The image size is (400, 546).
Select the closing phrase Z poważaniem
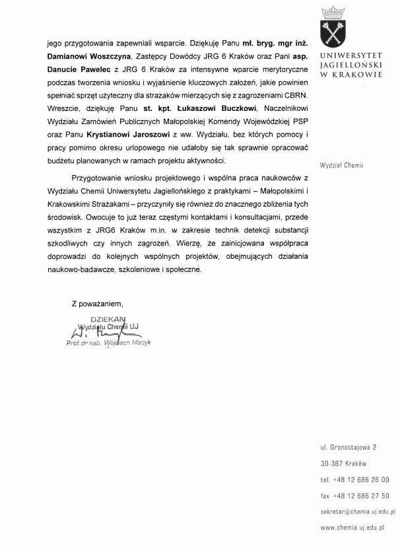point(98,303)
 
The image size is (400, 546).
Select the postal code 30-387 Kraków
point(343,463)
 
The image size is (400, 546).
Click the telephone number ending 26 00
point(354,479)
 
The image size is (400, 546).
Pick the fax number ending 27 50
point(354,495)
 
